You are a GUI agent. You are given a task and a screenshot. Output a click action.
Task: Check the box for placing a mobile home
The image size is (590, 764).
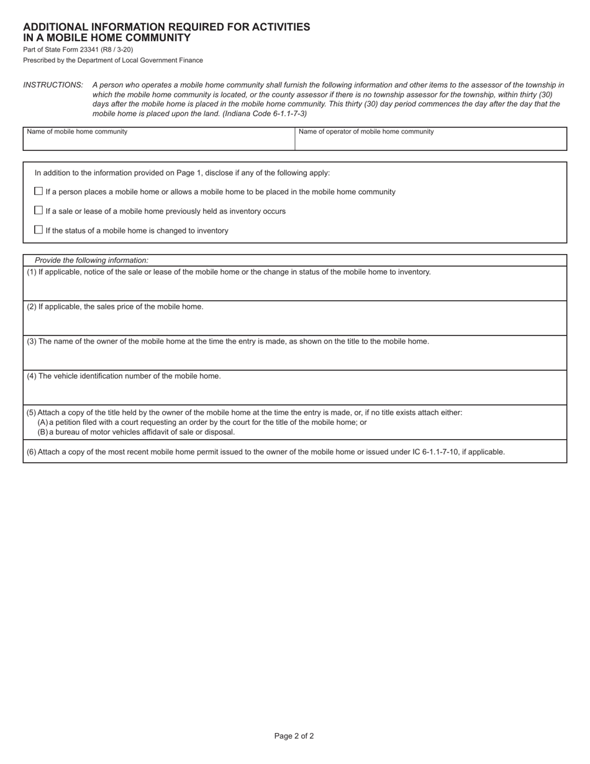39,191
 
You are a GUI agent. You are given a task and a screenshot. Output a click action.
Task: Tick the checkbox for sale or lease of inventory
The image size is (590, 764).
39,211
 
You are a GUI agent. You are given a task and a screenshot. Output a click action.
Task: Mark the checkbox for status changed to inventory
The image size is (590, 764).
39,230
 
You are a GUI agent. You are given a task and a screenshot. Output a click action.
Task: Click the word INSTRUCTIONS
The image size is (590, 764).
53,85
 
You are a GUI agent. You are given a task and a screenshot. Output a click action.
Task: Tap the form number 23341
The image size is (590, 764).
90,50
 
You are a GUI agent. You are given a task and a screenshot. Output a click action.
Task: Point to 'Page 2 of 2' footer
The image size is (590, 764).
294,736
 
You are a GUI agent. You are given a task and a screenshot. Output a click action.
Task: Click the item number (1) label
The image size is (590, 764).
32,272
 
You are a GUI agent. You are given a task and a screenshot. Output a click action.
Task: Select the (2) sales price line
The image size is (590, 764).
115,307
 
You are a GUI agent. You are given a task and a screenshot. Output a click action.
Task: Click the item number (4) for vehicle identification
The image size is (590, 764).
32,376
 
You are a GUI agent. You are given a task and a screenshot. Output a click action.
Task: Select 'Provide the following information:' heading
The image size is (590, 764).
91,260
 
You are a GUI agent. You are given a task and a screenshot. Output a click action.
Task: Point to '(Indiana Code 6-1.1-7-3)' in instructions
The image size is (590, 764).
265,114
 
